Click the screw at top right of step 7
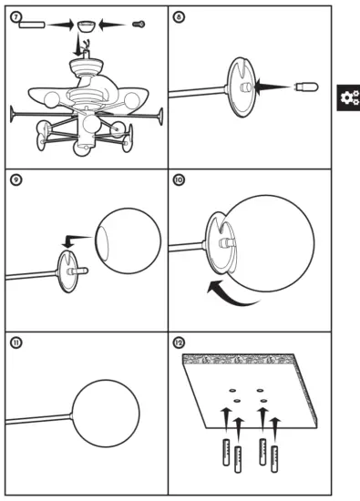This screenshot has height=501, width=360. point(139,25)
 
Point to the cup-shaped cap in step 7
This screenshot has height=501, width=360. point(87,26)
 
